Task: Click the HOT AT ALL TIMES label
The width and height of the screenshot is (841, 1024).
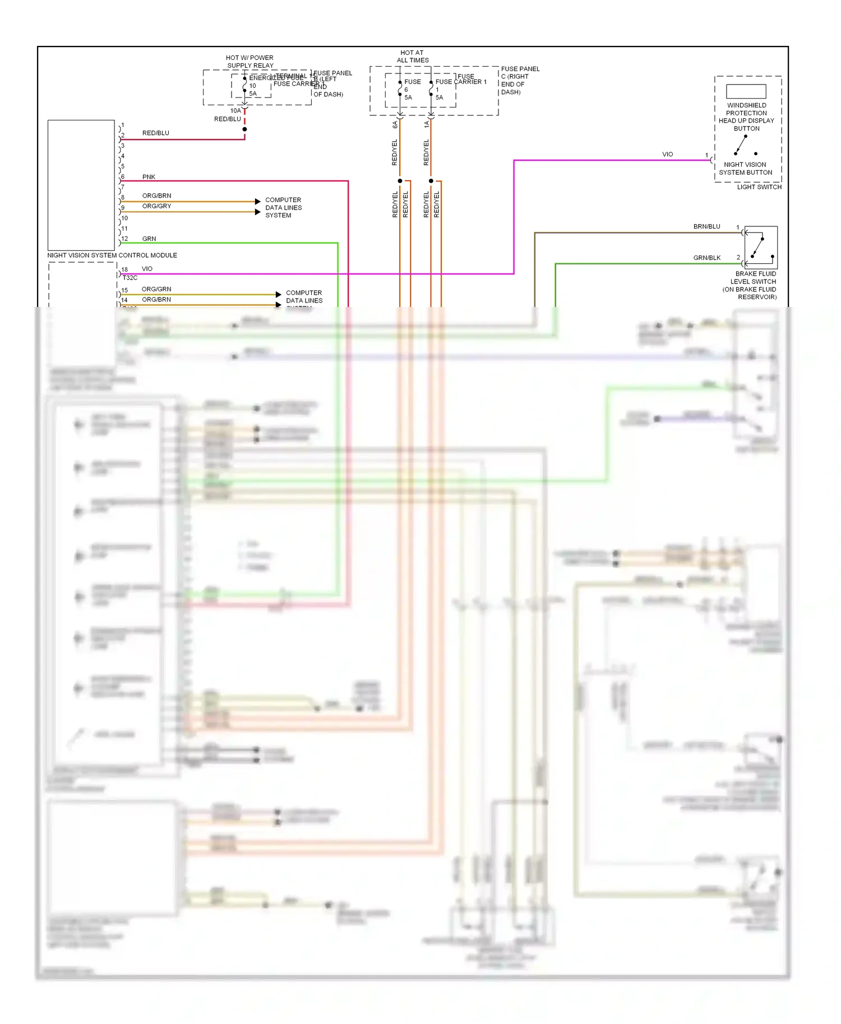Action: coord(413,56)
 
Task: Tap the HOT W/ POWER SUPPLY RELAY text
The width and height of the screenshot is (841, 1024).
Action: coord(250,62)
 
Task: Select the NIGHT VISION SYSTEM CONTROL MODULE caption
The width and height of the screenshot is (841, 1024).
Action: coord(112,255)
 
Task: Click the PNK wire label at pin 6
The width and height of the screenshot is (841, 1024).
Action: coord(149,177)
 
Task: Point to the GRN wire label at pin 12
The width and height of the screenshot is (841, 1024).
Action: coord(149,239)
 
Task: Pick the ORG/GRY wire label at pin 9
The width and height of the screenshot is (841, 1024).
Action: coord(157,206)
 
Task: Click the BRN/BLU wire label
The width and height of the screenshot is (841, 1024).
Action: coord(706,227)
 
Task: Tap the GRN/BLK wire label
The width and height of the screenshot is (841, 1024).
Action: coord(706,258)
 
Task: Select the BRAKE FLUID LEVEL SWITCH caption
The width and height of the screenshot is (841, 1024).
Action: coord(751,285)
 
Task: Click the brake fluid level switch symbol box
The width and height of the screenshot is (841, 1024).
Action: coord(761,248)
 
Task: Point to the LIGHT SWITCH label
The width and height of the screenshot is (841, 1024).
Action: coord(759,187)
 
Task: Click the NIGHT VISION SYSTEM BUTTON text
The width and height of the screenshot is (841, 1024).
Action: coord(745,169)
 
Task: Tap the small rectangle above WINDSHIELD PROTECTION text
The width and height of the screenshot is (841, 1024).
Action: coord(746,91)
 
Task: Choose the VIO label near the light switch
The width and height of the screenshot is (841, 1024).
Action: coord(667,155)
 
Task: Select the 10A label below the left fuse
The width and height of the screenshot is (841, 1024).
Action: coord(235,111)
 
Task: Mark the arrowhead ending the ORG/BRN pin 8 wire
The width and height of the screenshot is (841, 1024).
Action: coord(257,201)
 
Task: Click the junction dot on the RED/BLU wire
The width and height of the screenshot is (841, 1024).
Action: coord(244,129)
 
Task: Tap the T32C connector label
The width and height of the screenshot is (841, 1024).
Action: coord(130,278)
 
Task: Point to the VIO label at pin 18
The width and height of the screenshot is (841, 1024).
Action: coord(147,269)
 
